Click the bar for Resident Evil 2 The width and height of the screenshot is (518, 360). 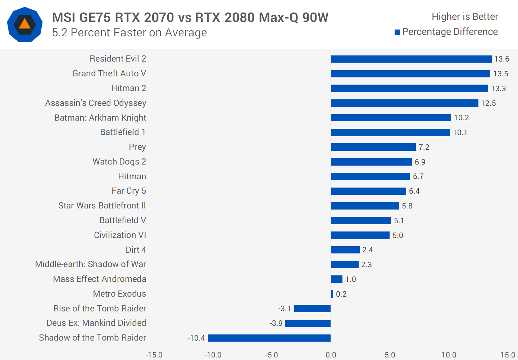pos(411,59)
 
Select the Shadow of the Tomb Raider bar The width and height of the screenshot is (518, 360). pos(269,338)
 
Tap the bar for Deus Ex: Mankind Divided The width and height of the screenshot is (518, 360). pos(308,323)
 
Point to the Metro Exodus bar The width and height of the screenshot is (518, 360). pos(332,294)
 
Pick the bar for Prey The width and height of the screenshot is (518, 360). pos(373,147)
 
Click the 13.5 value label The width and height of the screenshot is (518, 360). pos(500,74)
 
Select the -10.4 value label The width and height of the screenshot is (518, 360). pos(196,338)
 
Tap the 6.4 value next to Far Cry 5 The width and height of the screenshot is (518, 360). pos(414,191)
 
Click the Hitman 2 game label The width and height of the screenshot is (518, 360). pos(128,88)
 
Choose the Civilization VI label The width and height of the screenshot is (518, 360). pos(120,235)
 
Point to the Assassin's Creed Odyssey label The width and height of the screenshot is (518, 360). pos(96,103)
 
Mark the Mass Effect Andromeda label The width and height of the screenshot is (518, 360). pos(100,279)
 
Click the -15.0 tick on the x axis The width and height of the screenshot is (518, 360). pos(154,355)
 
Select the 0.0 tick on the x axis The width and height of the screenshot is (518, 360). pos(331,355)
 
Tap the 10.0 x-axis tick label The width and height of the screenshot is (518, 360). pos(449,355)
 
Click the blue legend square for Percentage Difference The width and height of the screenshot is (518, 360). pos(397,32)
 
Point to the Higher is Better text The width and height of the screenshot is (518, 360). pos(465,17)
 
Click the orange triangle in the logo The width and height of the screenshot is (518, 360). pos(24,24)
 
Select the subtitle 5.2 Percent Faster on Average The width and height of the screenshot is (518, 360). pos(129,33)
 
